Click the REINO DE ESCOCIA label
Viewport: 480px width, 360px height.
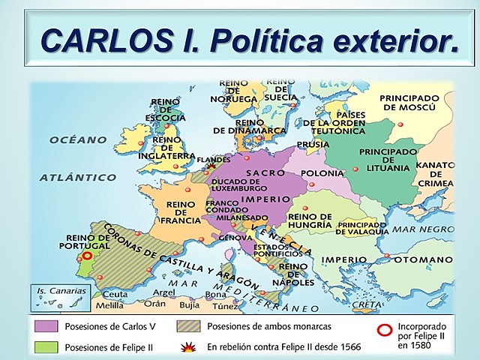[x=165, y=109]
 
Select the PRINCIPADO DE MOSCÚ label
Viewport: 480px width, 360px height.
[x=409, y=103]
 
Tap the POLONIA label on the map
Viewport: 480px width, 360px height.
[x=321, y=173]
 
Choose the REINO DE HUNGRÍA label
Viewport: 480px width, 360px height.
[x=310, y=220]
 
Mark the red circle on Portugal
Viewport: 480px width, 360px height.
[x=87, y=255]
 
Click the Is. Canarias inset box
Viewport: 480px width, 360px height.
[x=58, y=298]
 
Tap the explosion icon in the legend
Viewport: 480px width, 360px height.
[x=189, y=346]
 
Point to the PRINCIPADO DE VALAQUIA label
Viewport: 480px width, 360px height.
[x=363, y=228]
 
